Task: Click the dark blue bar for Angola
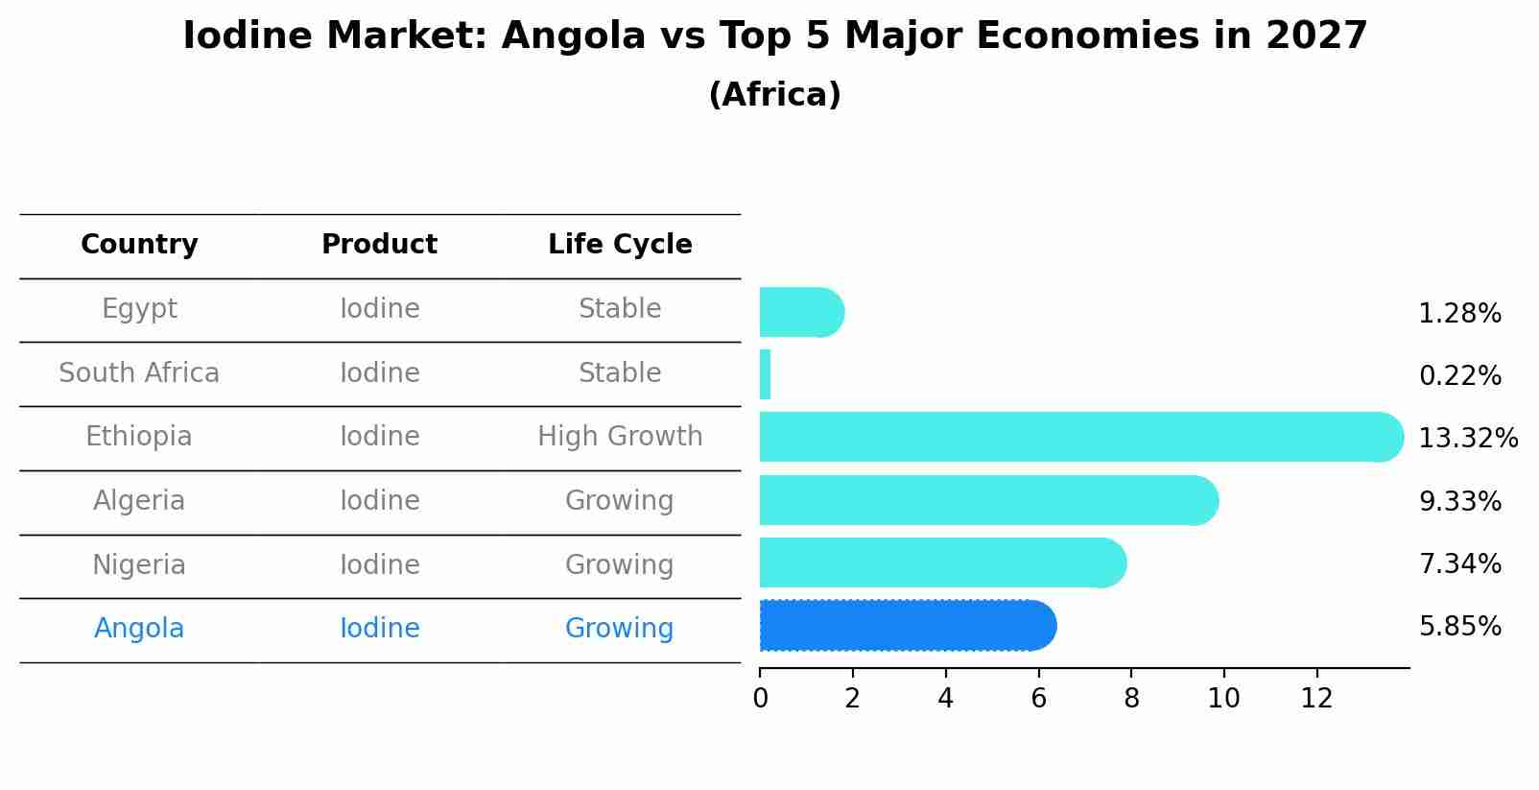pos(907,626)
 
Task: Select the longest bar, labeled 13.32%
pos(1080,438)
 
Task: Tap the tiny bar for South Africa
pos(765,374)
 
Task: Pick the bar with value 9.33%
pos(988,500)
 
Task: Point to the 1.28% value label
pos(1459,314)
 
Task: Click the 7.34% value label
pos(1459,563)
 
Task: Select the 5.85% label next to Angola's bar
pos(1459,627)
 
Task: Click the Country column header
pos(139,245)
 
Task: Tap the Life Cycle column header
pos(620,245)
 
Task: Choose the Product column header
pos(379,245)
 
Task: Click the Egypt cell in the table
pos(139,309)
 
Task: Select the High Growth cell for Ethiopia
pos(620,437)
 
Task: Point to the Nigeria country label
pos(139,564)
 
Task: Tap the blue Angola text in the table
pos(139,629)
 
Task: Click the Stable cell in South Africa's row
pos(620,372)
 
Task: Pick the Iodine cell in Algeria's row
pos(379,500)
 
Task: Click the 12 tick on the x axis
pos(1316,699)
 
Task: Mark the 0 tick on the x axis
pos(760,699)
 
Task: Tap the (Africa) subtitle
pos(774,95)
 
